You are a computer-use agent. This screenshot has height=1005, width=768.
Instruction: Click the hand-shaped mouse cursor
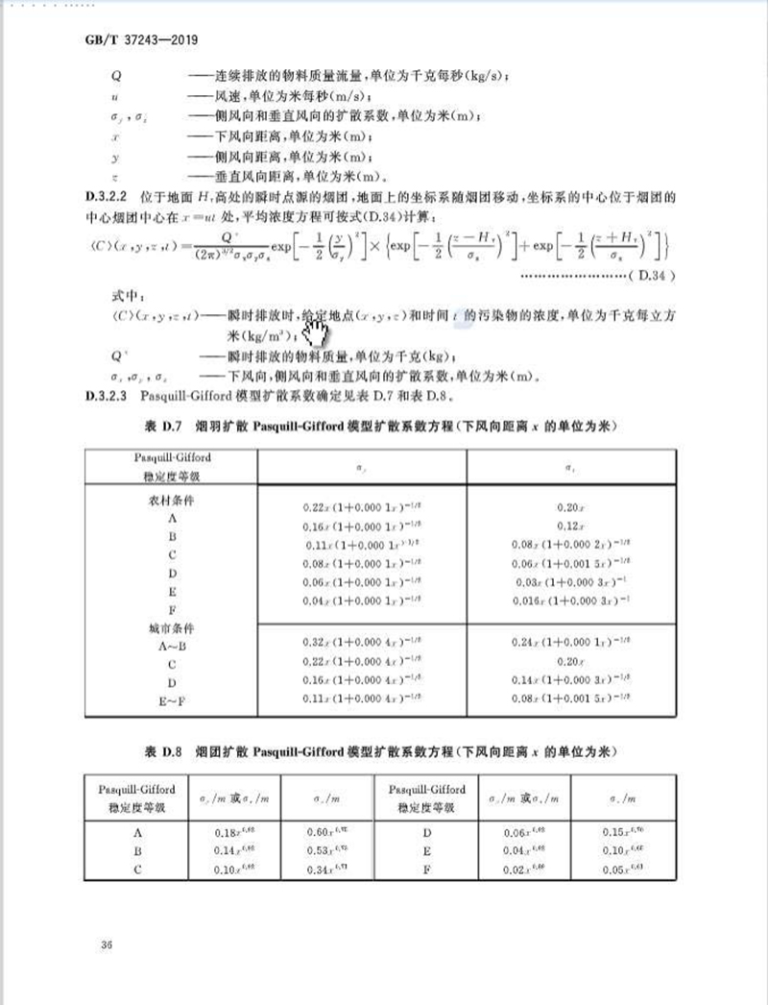click(x=315, y=334)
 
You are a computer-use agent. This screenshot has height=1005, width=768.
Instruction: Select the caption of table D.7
click(x=382, y=425)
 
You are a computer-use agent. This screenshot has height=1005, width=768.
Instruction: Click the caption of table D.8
click(x=382, y=748)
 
